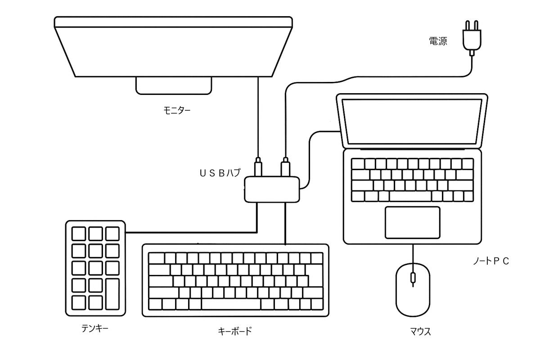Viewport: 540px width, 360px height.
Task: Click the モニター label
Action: (177, 110)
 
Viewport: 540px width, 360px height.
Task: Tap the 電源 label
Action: (438, 41)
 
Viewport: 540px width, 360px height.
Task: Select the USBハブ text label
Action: (220, 173)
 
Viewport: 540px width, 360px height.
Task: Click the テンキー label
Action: (95, 328)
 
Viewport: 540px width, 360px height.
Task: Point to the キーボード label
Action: (235, 331)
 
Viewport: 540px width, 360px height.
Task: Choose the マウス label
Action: (420, 332)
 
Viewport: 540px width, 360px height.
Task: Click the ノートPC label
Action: (491, 261)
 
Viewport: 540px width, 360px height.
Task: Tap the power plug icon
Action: (472, 38)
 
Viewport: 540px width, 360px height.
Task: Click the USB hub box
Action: (272, 189)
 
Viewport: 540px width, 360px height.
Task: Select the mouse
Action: (413, 290)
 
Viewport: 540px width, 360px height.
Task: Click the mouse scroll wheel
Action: (413, 278)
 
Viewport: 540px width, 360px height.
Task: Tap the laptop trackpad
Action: (413, 223)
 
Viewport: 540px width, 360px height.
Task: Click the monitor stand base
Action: (174, 86)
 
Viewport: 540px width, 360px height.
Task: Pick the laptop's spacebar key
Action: (410, 196)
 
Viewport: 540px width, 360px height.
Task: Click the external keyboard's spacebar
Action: (231, 304)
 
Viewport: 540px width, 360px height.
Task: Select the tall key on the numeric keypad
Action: (112, 294)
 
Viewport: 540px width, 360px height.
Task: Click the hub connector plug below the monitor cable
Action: (258, 167)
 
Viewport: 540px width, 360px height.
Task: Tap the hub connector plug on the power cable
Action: (285, 167)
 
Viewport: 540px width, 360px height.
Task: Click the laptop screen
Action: (412, 121)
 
